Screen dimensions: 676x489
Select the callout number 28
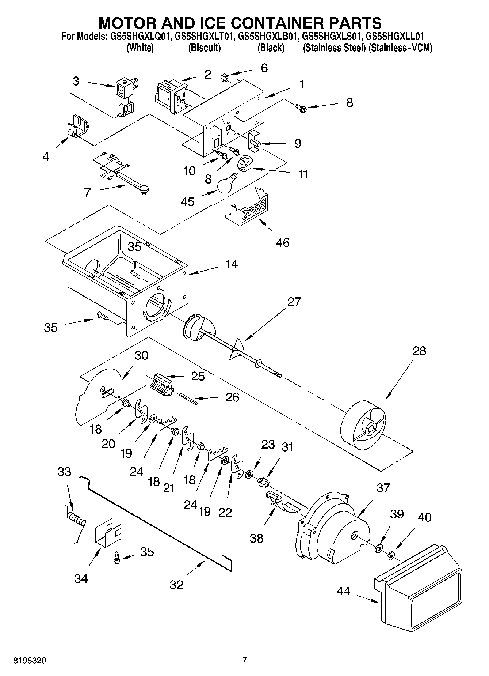click(419, 351)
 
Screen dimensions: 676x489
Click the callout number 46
click(283, 242)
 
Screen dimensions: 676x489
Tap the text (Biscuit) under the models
click(205, 48)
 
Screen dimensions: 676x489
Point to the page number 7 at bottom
click(245, 660)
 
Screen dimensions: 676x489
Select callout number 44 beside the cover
click(343, 591)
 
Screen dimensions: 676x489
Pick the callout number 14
click(232, 264)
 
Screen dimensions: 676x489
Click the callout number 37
click(383, 488)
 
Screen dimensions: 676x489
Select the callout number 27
click(294, 302)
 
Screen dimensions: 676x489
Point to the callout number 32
click(176, 585)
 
